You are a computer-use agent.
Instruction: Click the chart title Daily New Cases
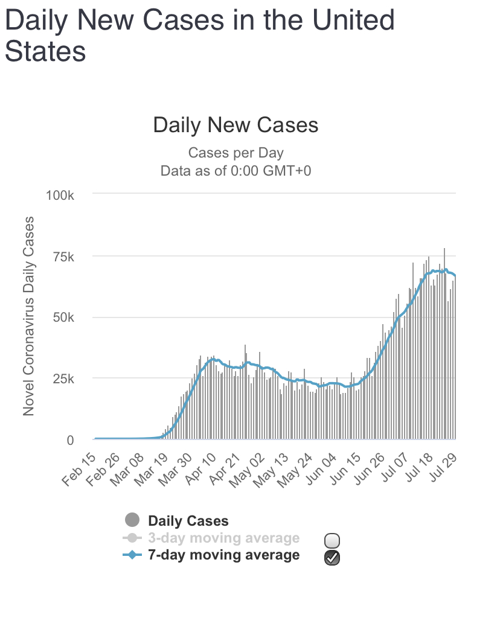(236, 125)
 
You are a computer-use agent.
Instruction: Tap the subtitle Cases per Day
(236, 153)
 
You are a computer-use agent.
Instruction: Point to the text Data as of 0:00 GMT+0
(236, 171)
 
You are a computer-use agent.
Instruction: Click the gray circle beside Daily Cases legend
(132, 520)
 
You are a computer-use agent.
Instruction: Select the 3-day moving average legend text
(223, 538)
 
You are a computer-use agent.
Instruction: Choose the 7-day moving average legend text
(223, 555)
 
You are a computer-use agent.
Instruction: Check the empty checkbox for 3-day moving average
(332, 540)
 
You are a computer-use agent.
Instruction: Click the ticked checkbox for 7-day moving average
(332, 558)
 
